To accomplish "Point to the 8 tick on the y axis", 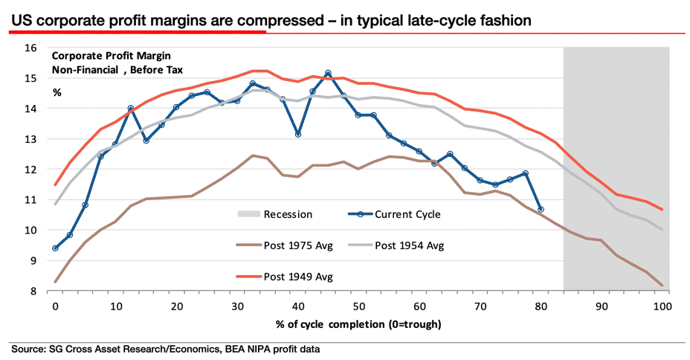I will tap(34, 291).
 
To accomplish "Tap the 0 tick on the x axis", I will tap(54, 306).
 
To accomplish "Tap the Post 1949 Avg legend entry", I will tap(301, 276).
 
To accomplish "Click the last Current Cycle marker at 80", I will tap(541, 209).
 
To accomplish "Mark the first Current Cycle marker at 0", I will tap(54, 248).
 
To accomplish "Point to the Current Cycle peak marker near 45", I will tap(328, 73).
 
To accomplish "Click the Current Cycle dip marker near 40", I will tap(297, 135).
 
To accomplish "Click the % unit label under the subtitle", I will tap(57, 91).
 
